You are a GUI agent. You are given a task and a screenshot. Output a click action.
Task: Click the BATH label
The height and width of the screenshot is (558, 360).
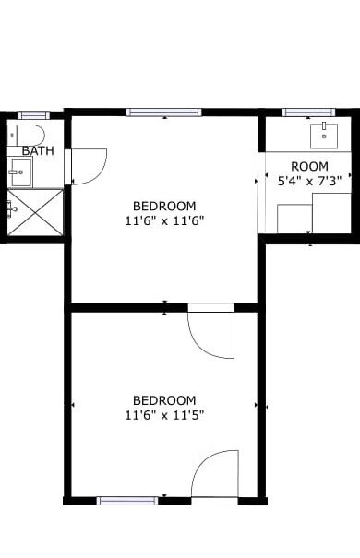coord(38,150)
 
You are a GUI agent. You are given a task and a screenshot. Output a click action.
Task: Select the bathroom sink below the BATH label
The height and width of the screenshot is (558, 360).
coord(20,172)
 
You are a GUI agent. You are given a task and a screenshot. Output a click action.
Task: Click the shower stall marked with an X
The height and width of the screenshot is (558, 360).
coord(35,212)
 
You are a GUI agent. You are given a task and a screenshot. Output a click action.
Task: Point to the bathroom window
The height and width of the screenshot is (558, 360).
coord(34,115)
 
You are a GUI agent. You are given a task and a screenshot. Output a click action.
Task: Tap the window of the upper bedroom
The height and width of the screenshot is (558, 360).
coord(163,113)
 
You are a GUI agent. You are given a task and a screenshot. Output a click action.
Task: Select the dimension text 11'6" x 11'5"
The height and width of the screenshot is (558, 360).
coord(164,415)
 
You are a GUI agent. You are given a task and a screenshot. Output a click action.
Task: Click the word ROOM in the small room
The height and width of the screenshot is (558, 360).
coord(309,166)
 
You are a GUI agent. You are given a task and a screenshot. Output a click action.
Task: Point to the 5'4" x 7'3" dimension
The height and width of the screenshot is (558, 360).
coord(309,181)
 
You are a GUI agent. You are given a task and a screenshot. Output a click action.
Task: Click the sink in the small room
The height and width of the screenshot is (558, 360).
coord(324,136)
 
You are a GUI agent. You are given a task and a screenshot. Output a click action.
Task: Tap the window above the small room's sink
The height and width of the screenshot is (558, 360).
coord(308,113)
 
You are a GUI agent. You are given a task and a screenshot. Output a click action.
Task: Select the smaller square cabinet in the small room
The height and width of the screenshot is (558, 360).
coord(294,219)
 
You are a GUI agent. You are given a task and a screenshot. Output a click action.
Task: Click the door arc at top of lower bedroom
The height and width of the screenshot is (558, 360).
coord(210,335)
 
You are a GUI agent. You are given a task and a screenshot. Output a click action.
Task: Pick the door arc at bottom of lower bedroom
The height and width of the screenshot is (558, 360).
coord(215,473)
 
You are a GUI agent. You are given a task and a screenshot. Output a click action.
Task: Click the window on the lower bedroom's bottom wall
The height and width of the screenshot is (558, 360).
coord(127,501)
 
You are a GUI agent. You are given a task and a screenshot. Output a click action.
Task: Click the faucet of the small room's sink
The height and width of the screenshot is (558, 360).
coord(324,125)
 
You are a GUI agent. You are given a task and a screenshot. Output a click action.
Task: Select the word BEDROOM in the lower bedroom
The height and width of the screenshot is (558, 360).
coord(164,400)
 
